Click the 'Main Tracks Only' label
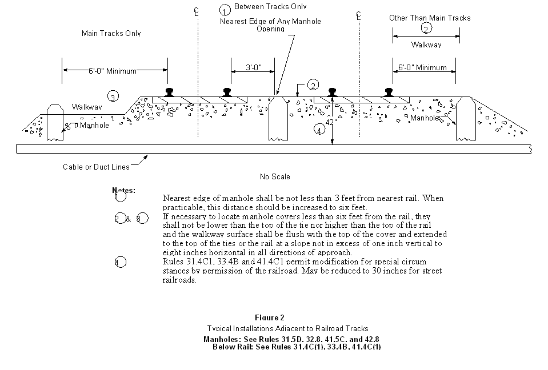pyautogui.click(x=111, y=33)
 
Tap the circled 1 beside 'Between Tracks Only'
pyautogui.click(x=225, y=10)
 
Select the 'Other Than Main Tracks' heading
pyautogui.click(x=430, y=18)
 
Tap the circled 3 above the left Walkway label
pyautogui.click(x=113, y=96)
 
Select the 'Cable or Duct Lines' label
pyautogui.click(x=96, y=167)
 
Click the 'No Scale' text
pyautogui.click(x=274, y=176)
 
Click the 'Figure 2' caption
pyautogui.click(x=270, y=317)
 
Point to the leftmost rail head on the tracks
pyautogui.click(x=170, y=91)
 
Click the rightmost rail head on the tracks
pyautogui.click(x=389, y=91)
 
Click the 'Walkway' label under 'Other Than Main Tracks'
pyautogui.click(x=426, y=44)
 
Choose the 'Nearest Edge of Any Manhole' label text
pyautogui.click(x=270, y=22)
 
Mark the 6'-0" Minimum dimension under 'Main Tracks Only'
pyautogui.click(x=113, y=71)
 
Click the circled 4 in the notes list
pyautogui.click(x=120, y=262)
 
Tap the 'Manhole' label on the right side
pyautogui.click(x=424, y=118)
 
